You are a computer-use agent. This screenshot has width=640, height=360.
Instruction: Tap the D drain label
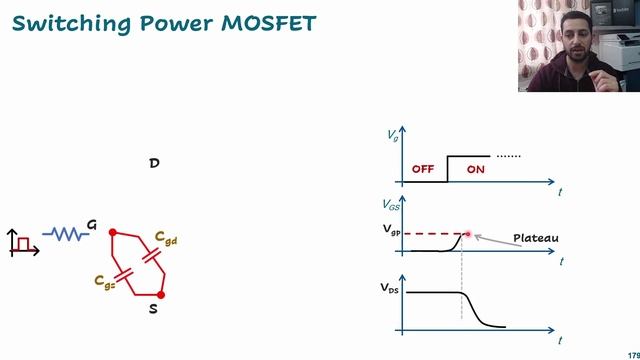click(x=154, y=163)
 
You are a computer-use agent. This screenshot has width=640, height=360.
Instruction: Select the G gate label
click(x=91, y=226)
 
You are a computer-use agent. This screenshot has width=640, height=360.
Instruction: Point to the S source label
click(x=153, y=309)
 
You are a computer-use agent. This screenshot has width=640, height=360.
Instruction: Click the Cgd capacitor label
click(x=166, y=238)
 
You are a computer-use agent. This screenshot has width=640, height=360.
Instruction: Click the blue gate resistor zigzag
click(x=65, y=234)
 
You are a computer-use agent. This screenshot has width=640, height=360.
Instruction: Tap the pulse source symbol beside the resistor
click(x=22, y=242)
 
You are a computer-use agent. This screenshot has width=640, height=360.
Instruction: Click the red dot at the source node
click(x=160, y=295)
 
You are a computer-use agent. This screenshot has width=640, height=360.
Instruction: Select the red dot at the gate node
click(x=113, y=233)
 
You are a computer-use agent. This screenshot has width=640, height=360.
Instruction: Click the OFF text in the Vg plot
click(x=423, y=170)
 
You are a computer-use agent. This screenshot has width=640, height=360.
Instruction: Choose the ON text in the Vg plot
click(x=475, y=170)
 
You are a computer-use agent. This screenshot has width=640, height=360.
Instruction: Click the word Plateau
click(x=535, y=238)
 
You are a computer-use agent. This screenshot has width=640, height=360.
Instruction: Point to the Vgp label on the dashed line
click(x=390, y=231)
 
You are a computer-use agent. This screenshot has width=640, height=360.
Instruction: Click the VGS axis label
click(x=393, y=204)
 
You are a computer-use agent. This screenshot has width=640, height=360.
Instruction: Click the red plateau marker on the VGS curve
click(x=468, y=233)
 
